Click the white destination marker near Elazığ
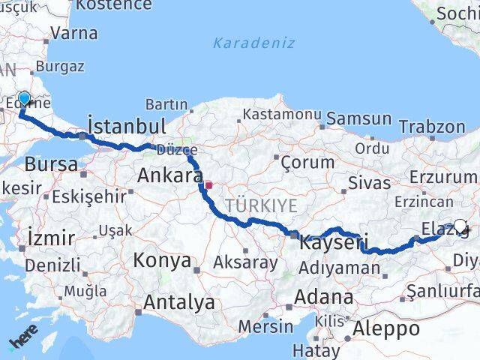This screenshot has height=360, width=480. (x=460, y=225)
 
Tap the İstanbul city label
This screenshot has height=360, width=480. (x=127, y=125)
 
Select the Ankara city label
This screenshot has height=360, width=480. (x=169, y=176)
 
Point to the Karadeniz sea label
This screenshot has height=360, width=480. (x=253, y=43)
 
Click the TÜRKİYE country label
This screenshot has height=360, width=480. (x=262, y=205)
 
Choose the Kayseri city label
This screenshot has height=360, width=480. (x=333, y=243)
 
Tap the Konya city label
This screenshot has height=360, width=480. (x=161, y=260)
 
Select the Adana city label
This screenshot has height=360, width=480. (x=323, y=297)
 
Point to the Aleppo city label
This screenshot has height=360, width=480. (x=387, y=328)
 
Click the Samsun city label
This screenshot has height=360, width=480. (x=358, y=118)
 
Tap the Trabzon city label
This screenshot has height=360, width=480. (x=432, y=127)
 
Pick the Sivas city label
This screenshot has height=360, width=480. (x=369, y=182)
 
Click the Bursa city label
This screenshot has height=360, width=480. (x=51, y=164)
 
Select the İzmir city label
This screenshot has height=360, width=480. (x=50, y=238)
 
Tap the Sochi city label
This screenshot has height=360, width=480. (x=455, y=13)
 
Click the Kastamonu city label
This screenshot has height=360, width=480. (x=281, y=115)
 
